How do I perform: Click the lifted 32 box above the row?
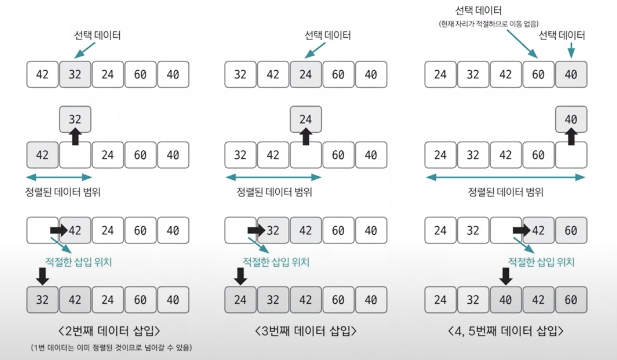tap(75, 119)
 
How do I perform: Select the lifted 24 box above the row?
tap(306, 119)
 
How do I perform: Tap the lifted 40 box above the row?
tap(571, 119)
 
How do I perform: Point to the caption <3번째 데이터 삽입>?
tap(305, 330)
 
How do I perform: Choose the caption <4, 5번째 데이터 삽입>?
tap(505, 330)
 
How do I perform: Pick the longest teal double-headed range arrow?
tap(505, 177)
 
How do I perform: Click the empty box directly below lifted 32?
tap(75, 155)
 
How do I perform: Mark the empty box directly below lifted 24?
tap(306, 155)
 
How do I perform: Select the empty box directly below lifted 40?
tap(571, 155)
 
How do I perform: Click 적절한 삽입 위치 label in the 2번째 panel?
tap(78, 262)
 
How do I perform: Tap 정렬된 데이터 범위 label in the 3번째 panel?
tap(274, 192)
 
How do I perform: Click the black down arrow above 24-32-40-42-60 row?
tap(506, 276)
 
